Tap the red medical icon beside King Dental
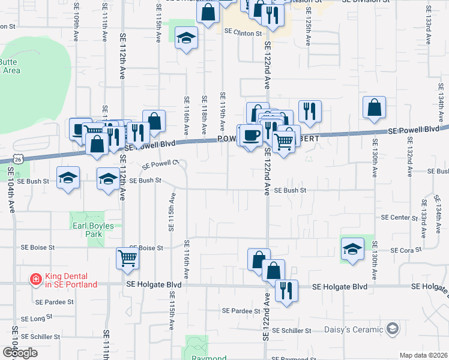[35, 280]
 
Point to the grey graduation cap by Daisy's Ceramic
[393, 328]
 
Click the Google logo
[20, 353]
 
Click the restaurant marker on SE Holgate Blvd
[286, 291]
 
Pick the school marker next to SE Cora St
[352, 248]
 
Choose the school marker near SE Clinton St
[187, 38]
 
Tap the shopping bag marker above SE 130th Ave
[374, 107]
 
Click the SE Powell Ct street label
[161, 164]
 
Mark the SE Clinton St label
[243, 33]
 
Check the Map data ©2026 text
[423, 355]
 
